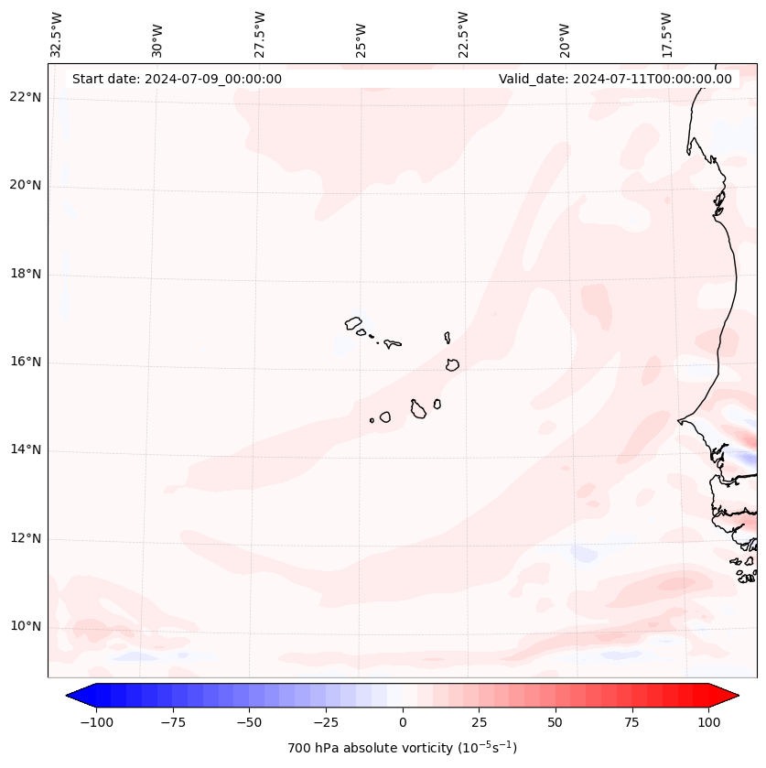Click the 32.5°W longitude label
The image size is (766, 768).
(57, 34)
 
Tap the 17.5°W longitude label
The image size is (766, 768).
(666, 34)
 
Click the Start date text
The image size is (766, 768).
(177, 79)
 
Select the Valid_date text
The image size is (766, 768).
(615, 79)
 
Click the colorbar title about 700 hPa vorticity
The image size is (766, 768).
(402, 748)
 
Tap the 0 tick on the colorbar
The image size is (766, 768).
(403, 722)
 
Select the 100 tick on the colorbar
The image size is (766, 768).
(708, 722)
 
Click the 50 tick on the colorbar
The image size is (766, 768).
(556, 722)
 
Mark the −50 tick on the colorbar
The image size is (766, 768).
(250, 722)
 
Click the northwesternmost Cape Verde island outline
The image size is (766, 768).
(353, 322)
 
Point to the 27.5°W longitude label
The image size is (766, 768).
(260, 34)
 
